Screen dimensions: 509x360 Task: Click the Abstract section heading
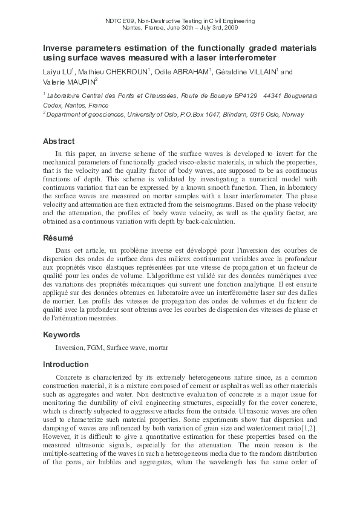click(x=59, y=141)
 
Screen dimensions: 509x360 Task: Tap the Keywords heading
click(x=61, y=334)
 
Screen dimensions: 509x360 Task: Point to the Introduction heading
click(x=65, y=365)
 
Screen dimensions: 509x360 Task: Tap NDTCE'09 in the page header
click(x=120, y=21)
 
